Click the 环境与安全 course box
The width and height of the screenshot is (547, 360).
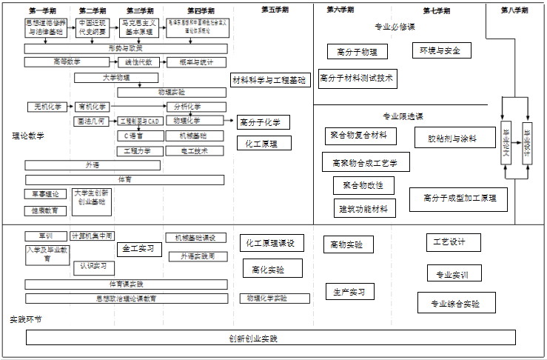pyautogui.click(x=440, y=50)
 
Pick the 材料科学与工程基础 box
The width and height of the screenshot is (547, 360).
pyautogui.click(x=269, y=80)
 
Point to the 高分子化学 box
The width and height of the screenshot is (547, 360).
pyautogui.click(x=264, y=122)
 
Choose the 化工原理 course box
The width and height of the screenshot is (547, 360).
pyautogui.click(x=264, y=143)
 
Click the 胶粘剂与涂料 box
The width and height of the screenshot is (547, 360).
pyautogui.click(x=452, y=139)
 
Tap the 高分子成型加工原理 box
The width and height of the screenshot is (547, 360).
pyautogui.click(x=459, y=199)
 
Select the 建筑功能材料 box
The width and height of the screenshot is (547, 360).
pyautogui.click(x=363, y=209)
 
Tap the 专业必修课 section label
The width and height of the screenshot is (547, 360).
pyautogui.click(x=395, y=27)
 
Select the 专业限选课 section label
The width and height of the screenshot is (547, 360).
pyautogui.click(x=403, y=116)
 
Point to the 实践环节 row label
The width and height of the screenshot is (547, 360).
pyautogui.click(x=26, y=319)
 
